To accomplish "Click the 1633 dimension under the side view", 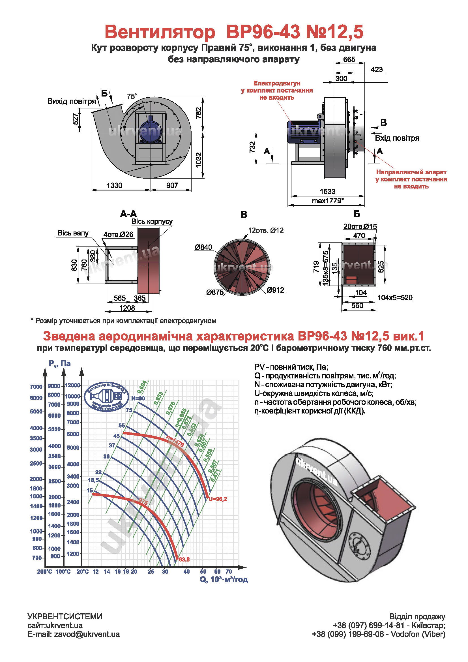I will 327,191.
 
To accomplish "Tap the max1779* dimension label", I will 328,201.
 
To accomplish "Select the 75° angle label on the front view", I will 132,97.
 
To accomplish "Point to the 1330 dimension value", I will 114,185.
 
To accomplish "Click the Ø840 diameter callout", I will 203,247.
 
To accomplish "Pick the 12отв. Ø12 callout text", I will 266,230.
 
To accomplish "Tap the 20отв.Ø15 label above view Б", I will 360,227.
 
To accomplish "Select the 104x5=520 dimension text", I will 395,297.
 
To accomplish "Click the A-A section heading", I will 128,214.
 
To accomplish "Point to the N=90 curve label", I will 138,399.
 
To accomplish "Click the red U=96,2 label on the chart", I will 218,499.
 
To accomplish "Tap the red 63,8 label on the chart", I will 184,560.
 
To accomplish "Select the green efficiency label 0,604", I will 142,387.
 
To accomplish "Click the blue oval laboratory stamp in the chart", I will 107,397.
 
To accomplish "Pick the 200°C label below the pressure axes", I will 44,571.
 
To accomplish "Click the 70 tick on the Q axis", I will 229,571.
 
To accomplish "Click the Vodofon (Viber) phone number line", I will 379,634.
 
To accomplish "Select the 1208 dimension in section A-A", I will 127,308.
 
